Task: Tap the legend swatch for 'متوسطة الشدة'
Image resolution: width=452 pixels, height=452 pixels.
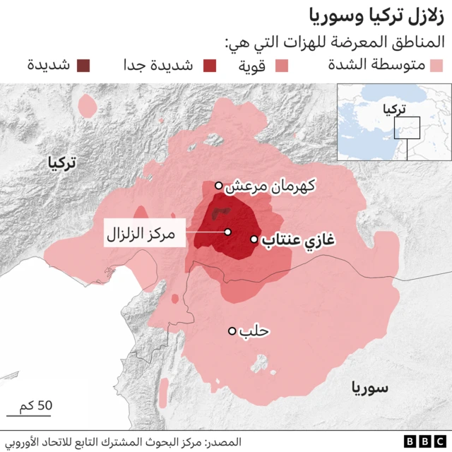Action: tap(435, 66)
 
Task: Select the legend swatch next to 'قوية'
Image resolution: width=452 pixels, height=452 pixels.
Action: tap(281, 66)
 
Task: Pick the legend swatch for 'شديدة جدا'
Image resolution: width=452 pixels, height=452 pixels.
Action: tap(210, 66)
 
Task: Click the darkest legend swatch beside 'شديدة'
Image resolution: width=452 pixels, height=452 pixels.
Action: tap(83, 66)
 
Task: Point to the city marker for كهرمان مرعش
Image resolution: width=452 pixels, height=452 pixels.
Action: tap(219, 186)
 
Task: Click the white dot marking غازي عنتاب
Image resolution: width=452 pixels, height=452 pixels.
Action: tap(254, 239)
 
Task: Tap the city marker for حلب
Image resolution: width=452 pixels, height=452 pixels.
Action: tap(232, 331)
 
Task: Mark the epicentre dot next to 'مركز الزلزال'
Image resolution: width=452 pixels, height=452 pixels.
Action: tap(227, 232)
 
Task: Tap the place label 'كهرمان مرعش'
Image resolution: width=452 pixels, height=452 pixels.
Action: tap(270, 186)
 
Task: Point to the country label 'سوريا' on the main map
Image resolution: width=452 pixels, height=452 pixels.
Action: tap(369, 387)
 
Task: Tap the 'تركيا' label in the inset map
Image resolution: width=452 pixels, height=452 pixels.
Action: tap(393, 109)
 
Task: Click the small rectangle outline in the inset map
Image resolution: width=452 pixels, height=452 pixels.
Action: tap(408, 128)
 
